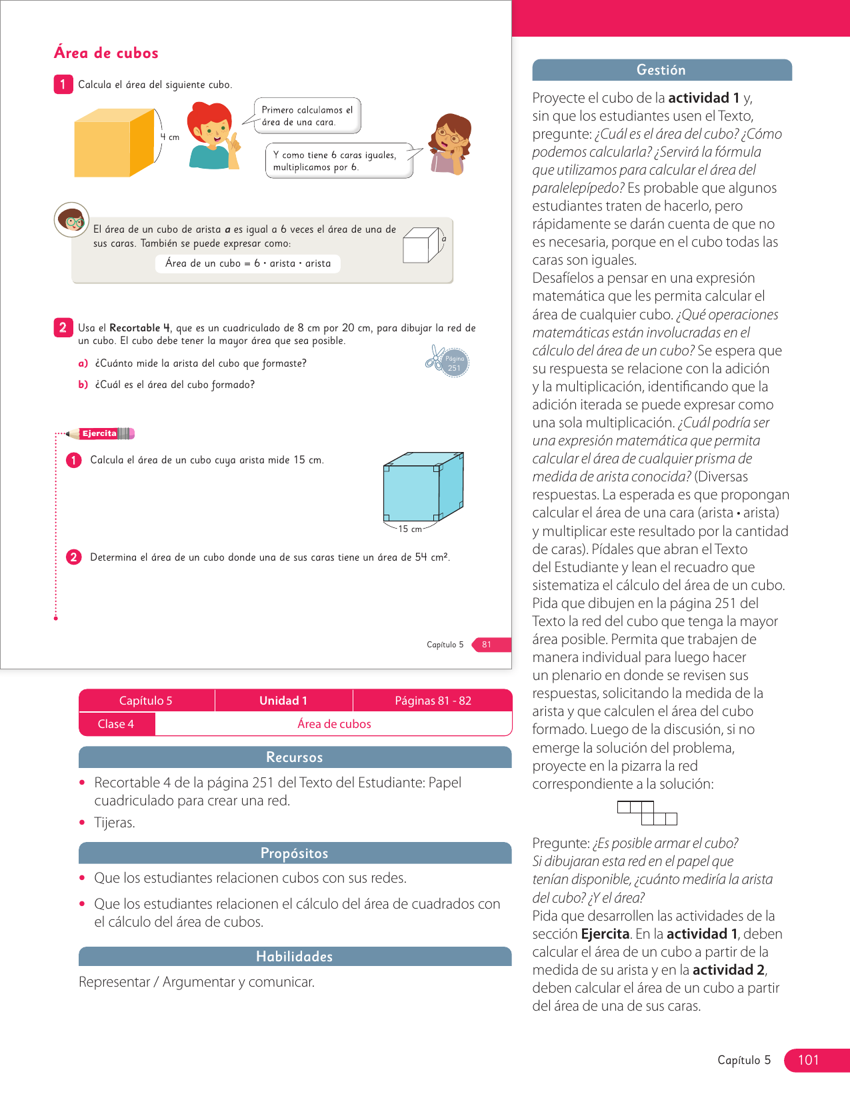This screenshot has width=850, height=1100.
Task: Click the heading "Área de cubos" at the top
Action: coord(106,53)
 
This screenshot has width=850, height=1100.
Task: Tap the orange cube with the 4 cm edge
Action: coord(114,143)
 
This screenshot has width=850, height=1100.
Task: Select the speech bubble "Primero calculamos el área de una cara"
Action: coord(307,115)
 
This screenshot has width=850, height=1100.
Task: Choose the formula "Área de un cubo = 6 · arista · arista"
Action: coord(248,263)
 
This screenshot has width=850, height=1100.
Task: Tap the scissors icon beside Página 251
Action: coord(435,359)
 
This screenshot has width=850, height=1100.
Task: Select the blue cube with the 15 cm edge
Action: coord(422,487)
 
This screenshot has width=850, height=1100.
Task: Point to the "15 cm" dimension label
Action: coord(410,529)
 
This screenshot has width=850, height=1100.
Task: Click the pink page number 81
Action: coord(487,645)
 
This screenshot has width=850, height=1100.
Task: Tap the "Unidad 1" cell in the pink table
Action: coord(283,701)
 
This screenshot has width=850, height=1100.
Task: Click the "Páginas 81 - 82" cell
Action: coord(433,701)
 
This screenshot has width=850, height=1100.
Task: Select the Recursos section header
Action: coord(295,757)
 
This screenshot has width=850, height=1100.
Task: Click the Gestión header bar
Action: coord(661,70)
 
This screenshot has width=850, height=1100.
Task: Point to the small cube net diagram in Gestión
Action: coord(647,813)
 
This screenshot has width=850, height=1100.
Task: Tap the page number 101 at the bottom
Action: coord(808,1060)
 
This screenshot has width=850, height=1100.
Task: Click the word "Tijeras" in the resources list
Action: coord(115,823)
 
